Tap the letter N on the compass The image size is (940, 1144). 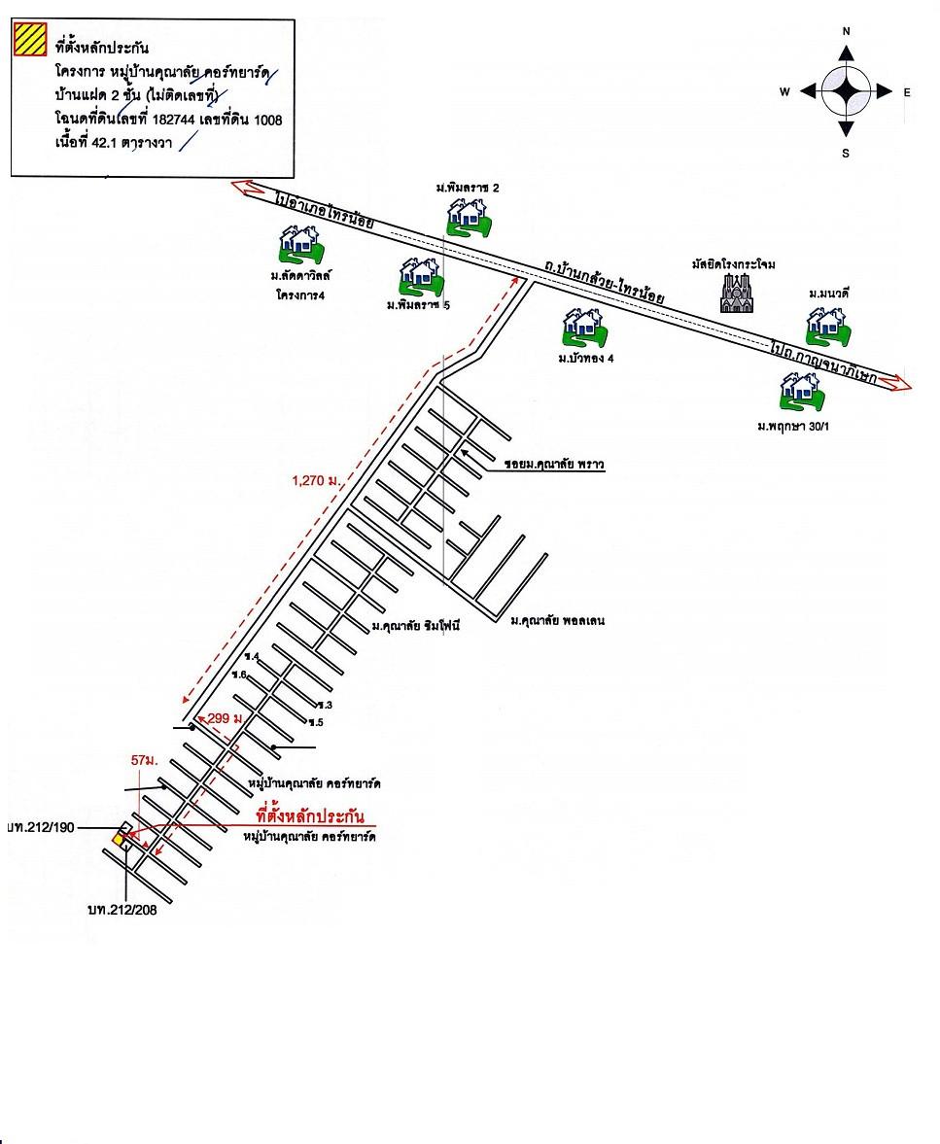click(x=846, y=31)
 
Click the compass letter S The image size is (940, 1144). click(x=846, y=153)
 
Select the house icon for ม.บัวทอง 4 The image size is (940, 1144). click(x=584, y=328)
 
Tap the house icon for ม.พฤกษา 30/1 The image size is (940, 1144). click(x=802, y=392)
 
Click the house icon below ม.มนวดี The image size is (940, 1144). click(x=829, y=326)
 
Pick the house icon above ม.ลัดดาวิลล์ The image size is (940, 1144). click(x=300, y=243)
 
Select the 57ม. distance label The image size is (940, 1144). click(x=144, y=760)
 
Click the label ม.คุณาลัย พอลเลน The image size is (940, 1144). click(x=557, y=619)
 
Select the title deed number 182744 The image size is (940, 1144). click(x=184, y=120)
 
